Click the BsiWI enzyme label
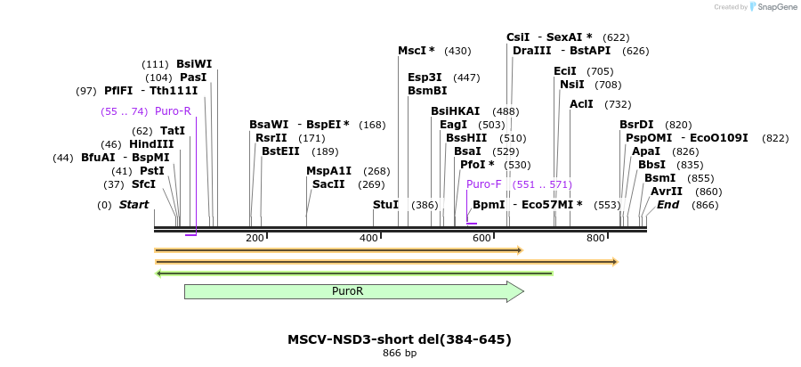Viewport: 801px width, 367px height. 194,64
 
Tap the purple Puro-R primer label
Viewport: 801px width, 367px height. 173,111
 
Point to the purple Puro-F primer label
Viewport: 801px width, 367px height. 484,184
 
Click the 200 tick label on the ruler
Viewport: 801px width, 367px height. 255,238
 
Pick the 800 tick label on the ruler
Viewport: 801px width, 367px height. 595,238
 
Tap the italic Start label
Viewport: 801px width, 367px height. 133,205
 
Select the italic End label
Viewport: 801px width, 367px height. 668,205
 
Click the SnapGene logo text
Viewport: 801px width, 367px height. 773,7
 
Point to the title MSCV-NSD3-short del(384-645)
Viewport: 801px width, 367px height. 399,339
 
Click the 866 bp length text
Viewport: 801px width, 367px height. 399,354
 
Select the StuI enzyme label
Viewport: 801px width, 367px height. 385,205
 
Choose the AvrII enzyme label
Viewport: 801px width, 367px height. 667,192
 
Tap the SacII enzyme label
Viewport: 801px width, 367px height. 328,184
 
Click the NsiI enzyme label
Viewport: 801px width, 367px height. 572,85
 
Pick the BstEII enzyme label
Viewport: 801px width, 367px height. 280,151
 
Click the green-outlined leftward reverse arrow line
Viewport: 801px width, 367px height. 354,273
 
